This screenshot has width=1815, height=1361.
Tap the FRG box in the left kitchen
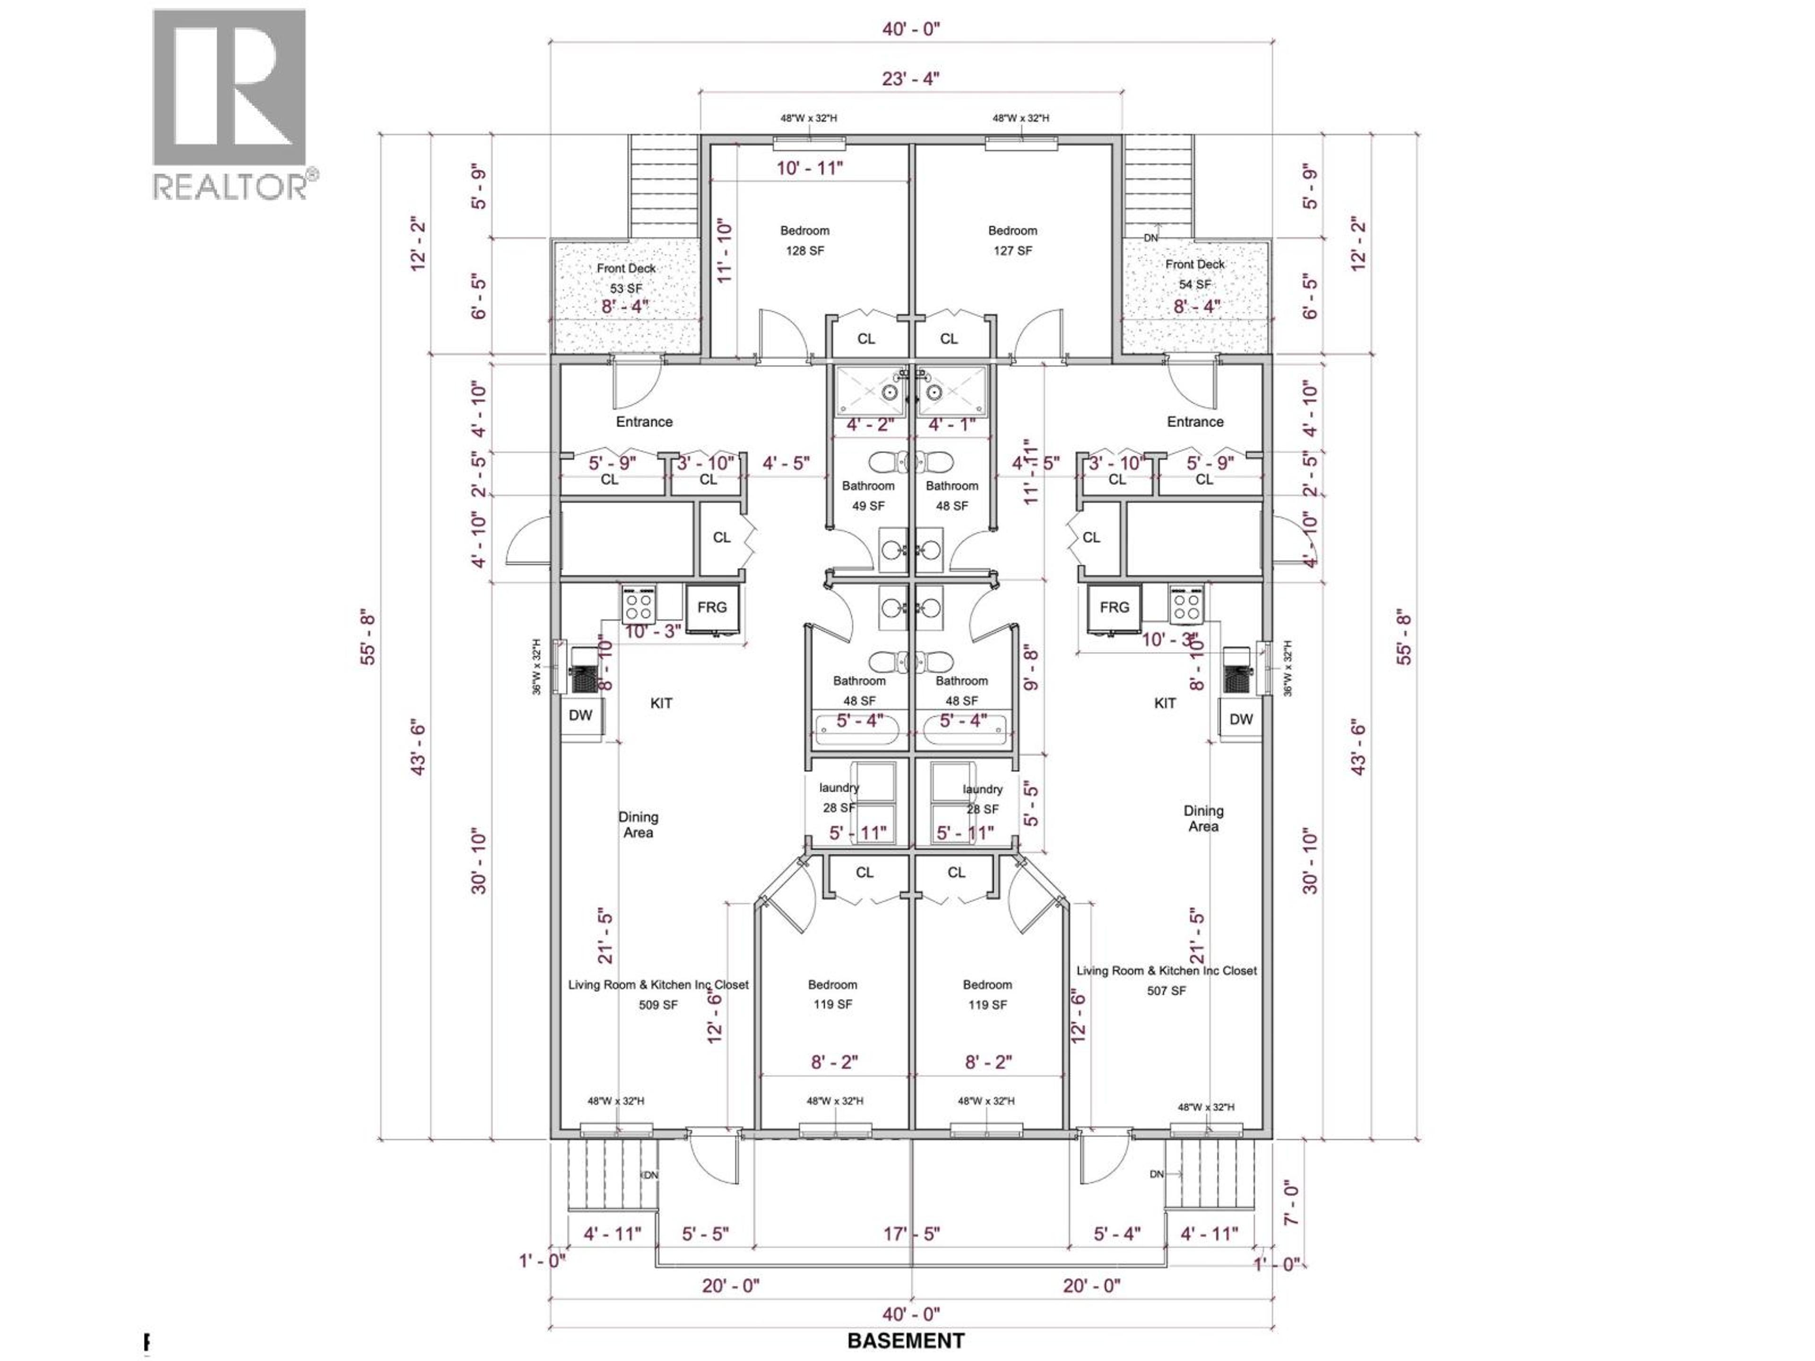click(712, 608)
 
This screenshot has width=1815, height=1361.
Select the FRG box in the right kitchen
click(1114, 608)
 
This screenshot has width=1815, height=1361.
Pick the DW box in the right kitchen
click(1241, 719)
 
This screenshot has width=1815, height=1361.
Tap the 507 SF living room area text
click(1166, 981)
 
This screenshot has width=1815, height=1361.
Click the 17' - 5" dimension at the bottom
click(911, 1234)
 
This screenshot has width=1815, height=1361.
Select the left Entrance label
click(644, 422)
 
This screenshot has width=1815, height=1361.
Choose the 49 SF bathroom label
click(868, 496)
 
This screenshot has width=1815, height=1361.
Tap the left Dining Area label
click(639, 825)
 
